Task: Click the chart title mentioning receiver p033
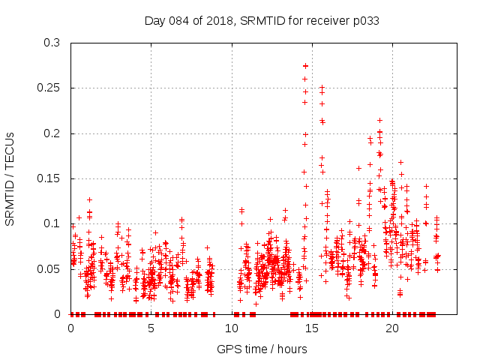click(261, 20)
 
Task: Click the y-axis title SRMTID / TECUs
click(10, 178)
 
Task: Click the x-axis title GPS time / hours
click(262, 349)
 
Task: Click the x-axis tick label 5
click(151, 328)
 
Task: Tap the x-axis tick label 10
click(232, 328)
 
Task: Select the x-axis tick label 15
click(312, 328)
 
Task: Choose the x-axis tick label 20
click(392, 328)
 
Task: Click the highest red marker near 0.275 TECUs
click(305, 66)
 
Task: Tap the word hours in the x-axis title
click(291, 349)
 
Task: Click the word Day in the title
click(155, 20)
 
